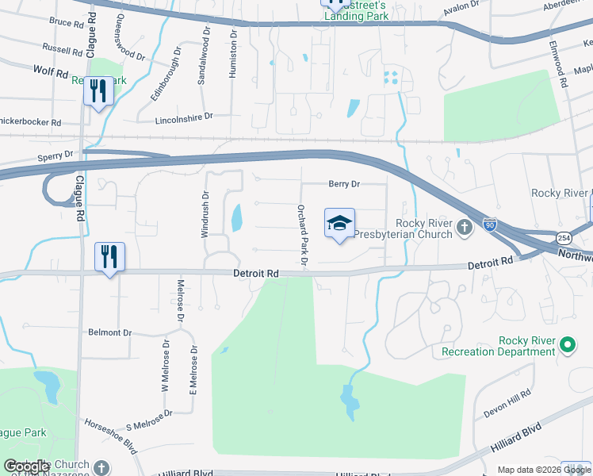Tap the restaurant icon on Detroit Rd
click(x=109, y=256)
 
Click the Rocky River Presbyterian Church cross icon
click(x=465, y=230)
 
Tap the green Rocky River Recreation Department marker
click(x=567, y=345)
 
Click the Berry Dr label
click(x=344, y=184)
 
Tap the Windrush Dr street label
click(x=205, y=215)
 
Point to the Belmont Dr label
click(x=110, y=332)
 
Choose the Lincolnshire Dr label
click(x=186, y=116)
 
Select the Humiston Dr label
click(x=233, y=55)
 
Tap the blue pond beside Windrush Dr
click(x=236, y=217)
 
